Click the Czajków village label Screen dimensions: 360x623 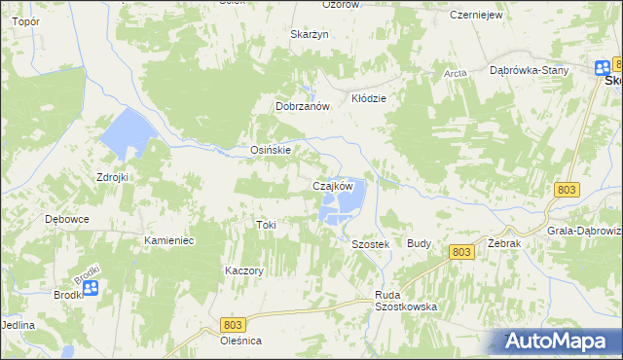tap(331, 185)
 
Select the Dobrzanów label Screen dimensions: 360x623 tap(304, 106)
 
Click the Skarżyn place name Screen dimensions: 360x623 tap(311, 34)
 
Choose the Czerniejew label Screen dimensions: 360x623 tap(475, 16)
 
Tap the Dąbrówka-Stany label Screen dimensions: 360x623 tap(529, 70)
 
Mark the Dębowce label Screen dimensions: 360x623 tap(67, 219)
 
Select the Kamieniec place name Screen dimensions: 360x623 tap(169, 239)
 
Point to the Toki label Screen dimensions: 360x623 tap(266, 225)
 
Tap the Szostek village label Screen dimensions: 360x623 tap(370, 245)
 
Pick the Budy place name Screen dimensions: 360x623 tap(419, 244)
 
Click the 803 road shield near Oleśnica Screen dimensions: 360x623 tap(232, 324)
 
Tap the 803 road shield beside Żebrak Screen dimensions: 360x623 tap(462, 252)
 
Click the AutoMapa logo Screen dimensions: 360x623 tap(556, 342)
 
